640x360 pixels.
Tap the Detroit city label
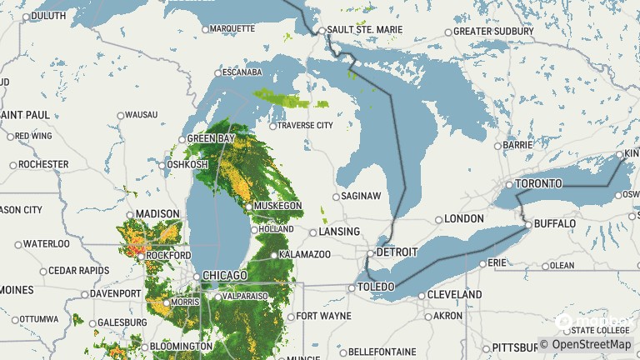[396, 252]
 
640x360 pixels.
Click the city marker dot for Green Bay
[182, 139]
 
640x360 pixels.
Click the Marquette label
[232, 28]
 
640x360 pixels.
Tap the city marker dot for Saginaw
[337, 197]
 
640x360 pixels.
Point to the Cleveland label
[455, 295]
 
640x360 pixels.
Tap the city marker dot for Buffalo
[527, 225]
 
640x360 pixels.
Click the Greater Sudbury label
[493, 32]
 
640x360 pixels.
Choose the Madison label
[157, 213]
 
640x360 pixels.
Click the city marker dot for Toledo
[351, 288]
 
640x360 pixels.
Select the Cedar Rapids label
[78, 271]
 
